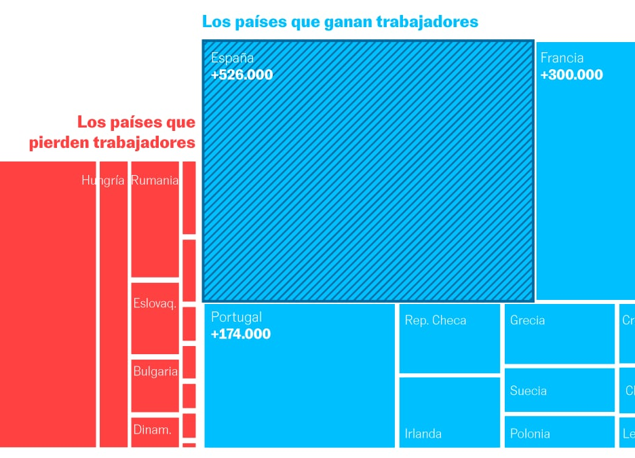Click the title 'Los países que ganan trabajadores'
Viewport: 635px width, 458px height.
[340, 22]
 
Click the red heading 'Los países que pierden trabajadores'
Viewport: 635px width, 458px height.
[113, 133]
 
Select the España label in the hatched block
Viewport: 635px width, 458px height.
[232, 58]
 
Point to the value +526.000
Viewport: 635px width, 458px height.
[242, 75]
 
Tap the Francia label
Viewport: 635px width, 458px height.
[562, 58]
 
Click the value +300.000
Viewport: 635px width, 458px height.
[571, 75]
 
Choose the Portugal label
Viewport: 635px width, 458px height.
[236, 317]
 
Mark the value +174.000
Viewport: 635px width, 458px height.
[240, 334]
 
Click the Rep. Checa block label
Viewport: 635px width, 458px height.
[436, 320]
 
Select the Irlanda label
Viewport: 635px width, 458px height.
[423, 434]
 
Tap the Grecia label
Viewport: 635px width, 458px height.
[527, 320]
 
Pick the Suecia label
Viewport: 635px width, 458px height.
[528, 391]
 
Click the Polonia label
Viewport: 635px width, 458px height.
[530, 434]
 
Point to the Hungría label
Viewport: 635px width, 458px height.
[103, 180]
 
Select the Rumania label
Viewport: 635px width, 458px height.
[155, 180]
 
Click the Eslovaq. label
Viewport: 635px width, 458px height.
[155, 303]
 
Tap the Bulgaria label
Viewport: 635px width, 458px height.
[155, 371]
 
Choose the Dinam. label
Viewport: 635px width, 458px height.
[153, 429]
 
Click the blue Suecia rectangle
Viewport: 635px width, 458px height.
[559, 400]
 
